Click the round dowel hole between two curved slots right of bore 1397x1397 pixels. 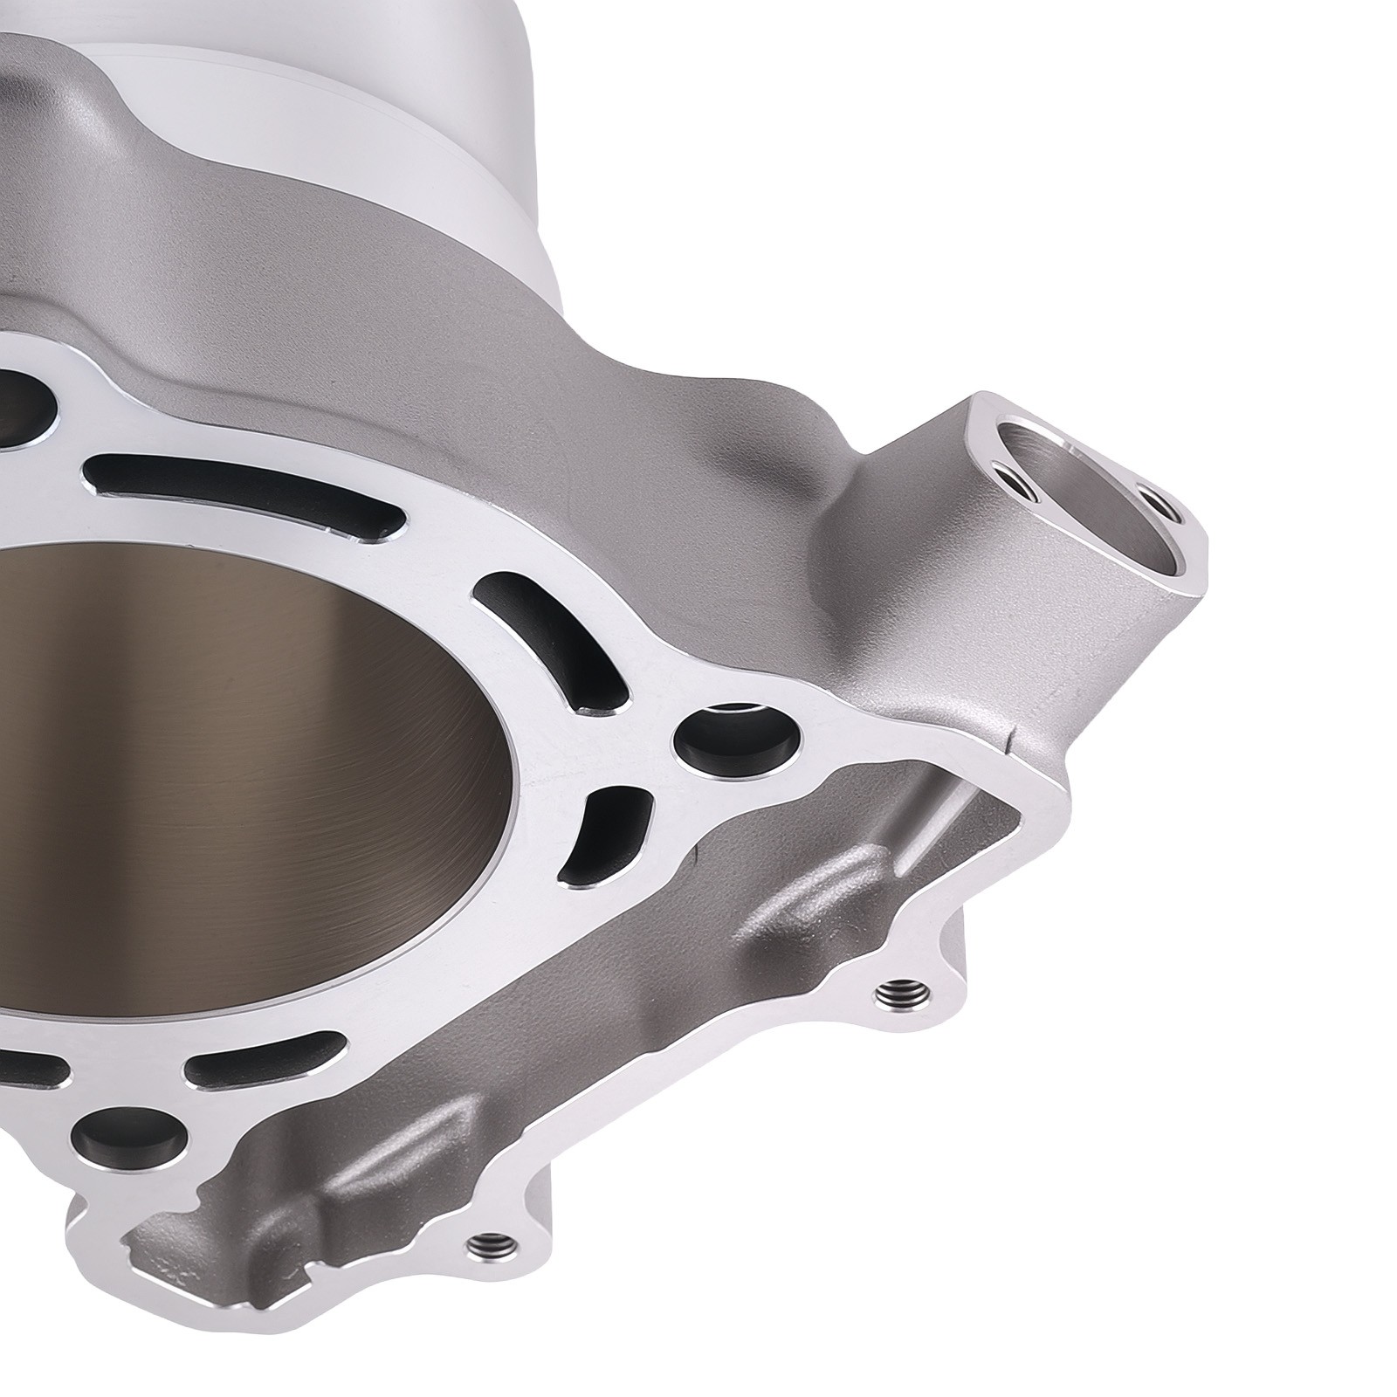pos(737,742)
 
